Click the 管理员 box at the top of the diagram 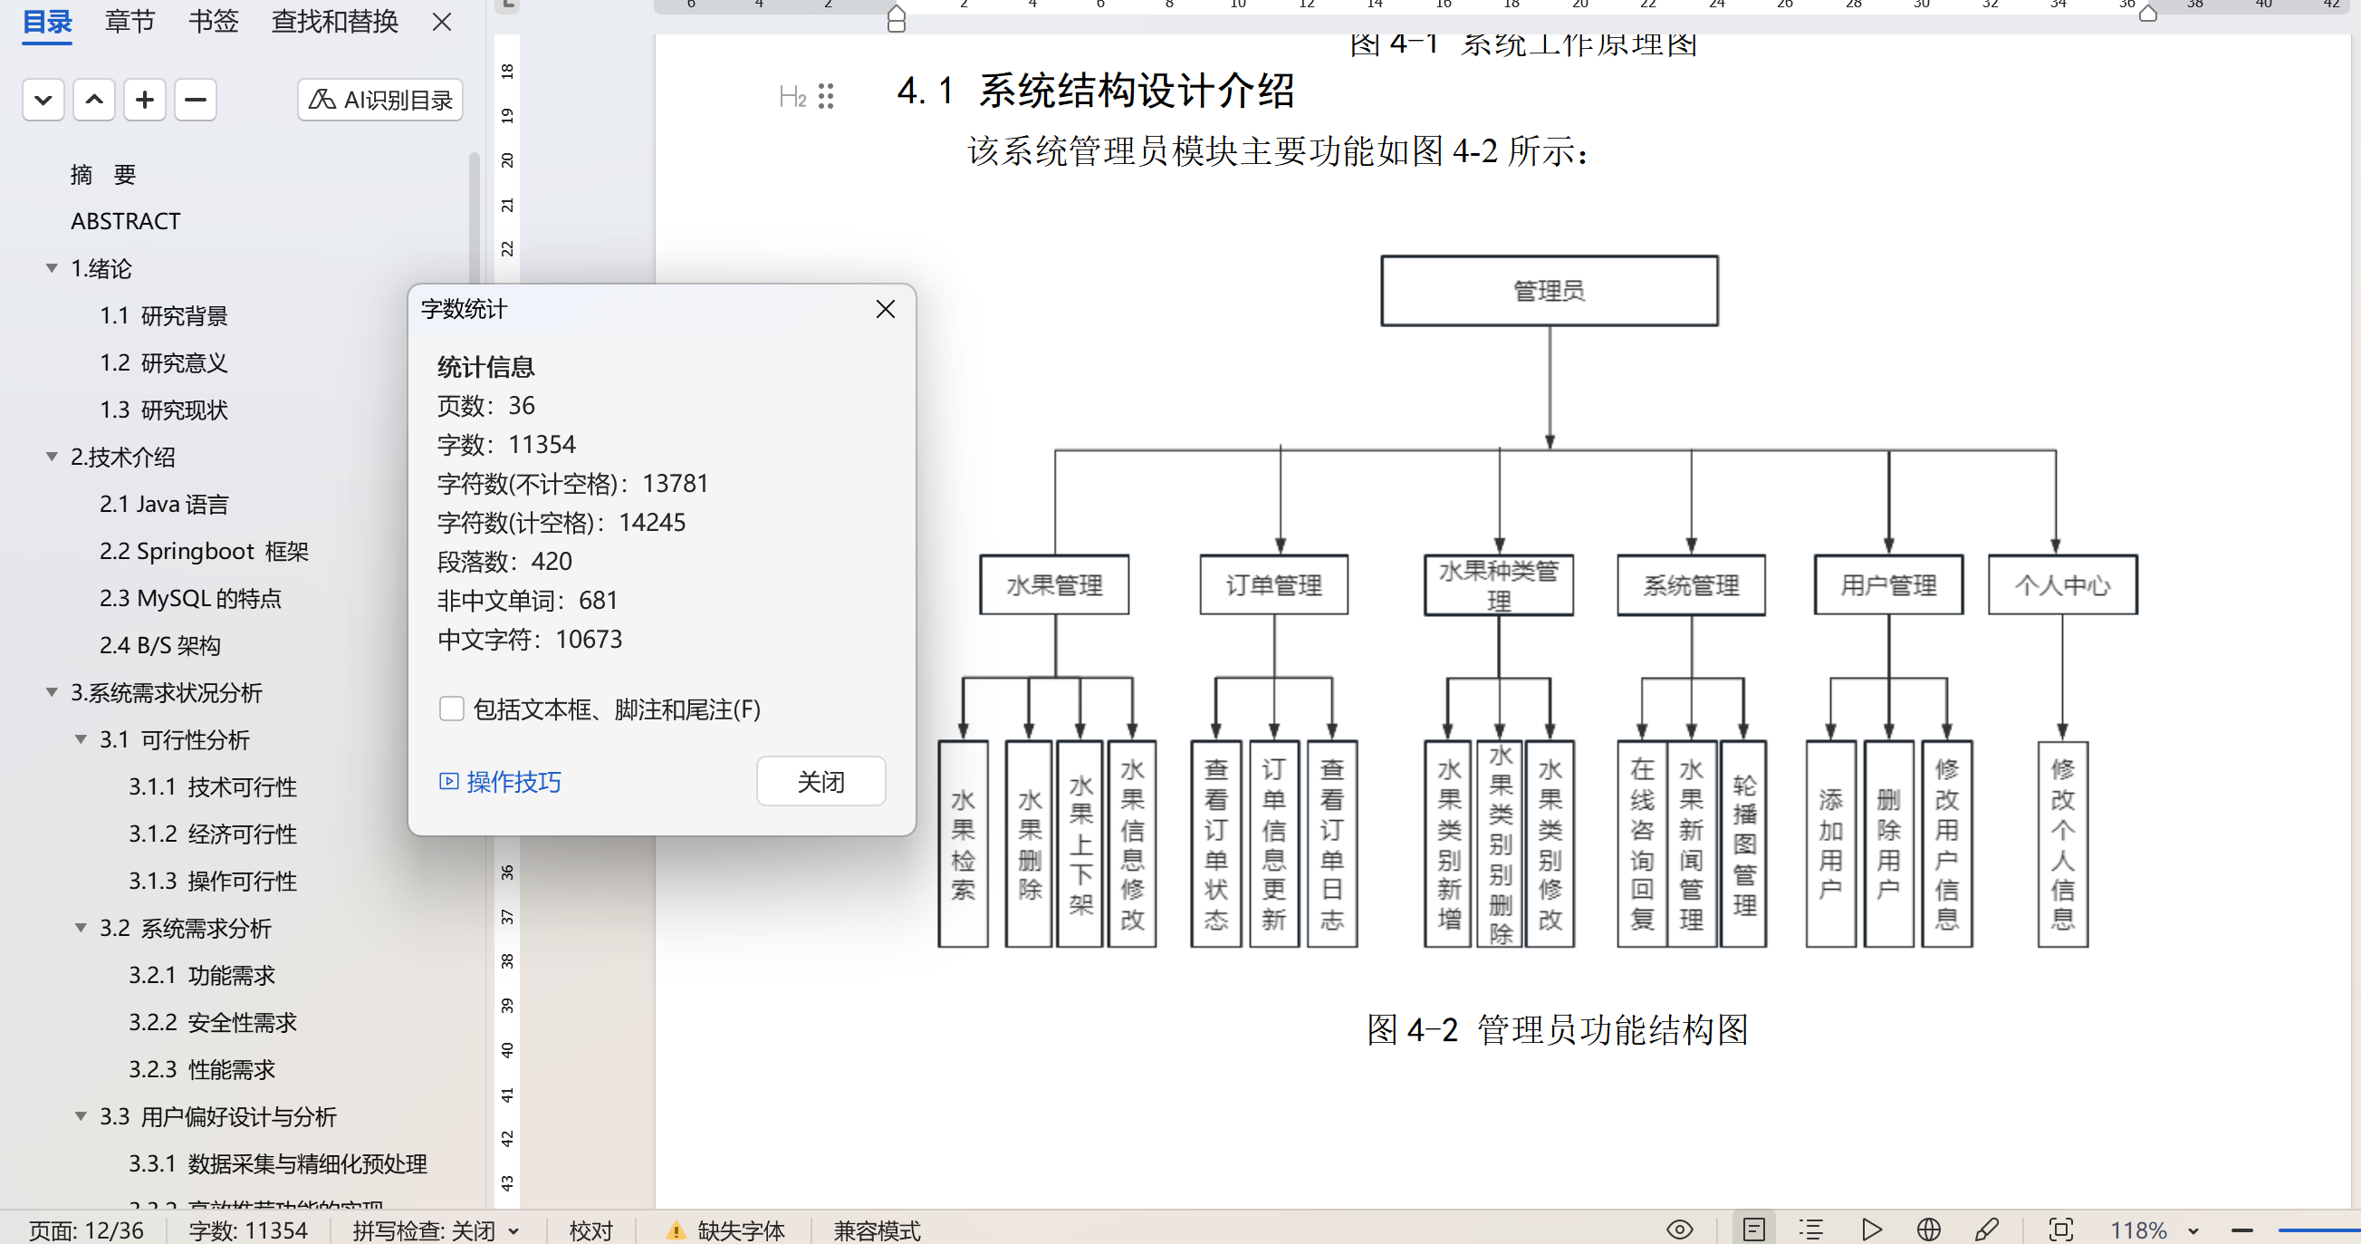tap(1549, 291)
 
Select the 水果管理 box tap(1054, 585)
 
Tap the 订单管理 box tap(1274, 585)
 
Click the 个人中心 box tap(2062, 585)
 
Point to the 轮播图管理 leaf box tap(1744, 844)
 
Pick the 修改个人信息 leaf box tap(2062, 844)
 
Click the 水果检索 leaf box tap(964, 844)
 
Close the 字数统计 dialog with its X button tap(886, 310)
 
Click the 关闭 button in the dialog tap(821, 782)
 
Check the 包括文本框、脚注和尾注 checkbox tap(452, 709)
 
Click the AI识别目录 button tap(380, 100)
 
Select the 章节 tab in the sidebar tap(130, 21)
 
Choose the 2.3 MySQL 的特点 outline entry tap(191, 599)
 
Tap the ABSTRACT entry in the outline tap(126, 221)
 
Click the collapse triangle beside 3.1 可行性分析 tap(81, 739)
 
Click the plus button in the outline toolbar tap(145, 100)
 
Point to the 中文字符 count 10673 tap(589, 639)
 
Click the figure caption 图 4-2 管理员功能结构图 tap(1557, 1029)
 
